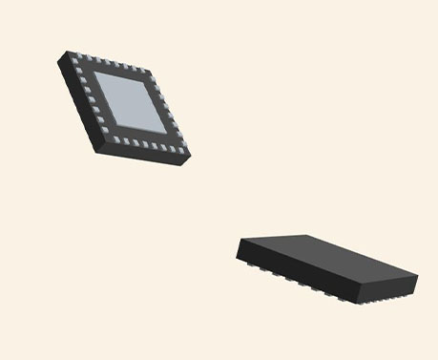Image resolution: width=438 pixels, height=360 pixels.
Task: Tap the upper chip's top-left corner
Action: [70, 53]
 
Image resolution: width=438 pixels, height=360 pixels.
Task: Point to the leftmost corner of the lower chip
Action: [238, 250]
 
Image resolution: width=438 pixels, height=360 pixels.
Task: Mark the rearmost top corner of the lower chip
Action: [303, 235]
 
